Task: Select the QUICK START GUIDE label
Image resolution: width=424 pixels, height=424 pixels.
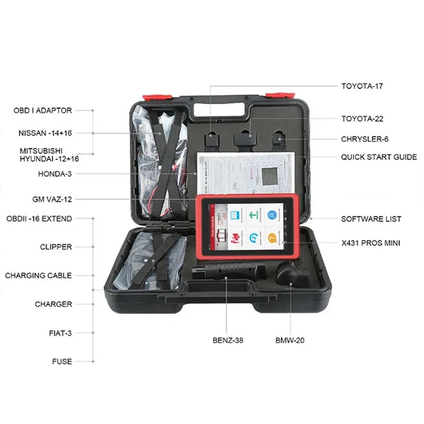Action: tap(378, 157)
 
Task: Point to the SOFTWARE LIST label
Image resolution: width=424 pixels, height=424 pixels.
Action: tap(371, 219)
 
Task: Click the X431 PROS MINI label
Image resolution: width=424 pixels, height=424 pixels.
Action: tap(370, 243)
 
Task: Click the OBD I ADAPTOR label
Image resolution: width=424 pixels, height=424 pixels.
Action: tap(42, 111)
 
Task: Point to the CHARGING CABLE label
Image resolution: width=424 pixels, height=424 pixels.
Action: tap(38, 276)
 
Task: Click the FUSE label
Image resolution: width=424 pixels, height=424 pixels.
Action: tap(61, 361)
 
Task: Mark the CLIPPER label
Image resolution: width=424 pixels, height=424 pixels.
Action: tap(56, 247)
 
